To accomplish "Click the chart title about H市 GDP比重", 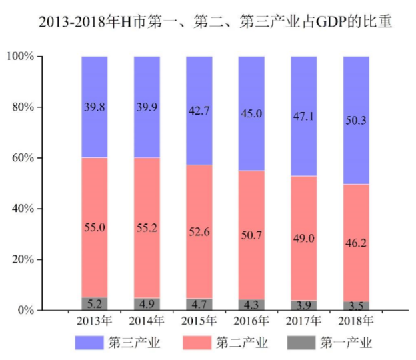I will (x=215, y=22).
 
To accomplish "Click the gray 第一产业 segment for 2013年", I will (x=95, y=303).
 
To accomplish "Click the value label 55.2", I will (x=147, y=228).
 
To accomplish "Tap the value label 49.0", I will (x=303, y=238).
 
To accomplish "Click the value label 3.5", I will (x=355, y=305).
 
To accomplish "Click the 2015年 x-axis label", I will (x=199, y=321).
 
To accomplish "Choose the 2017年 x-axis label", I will (x=303, y=321).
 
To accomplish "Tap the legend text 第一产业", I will (x=346, y=343).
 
